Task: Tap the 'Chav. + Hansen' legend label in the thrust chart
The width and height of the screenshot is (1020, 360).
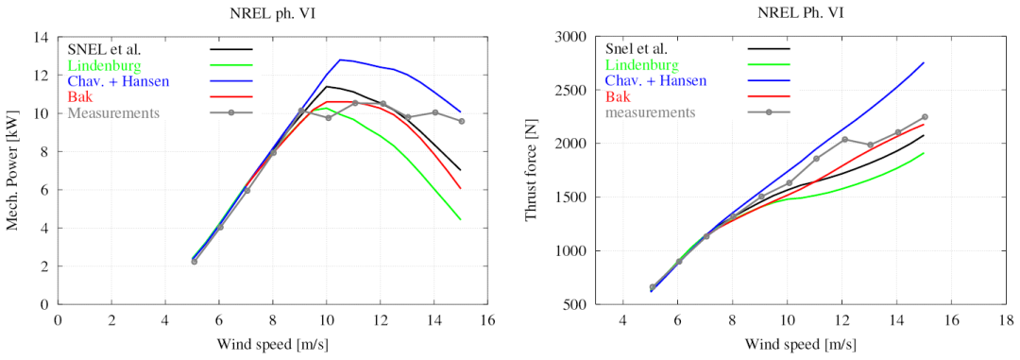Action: [x=655, y=80]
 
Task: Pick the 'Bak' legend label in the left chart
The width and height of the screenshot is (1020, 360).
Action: [x=77, y=96]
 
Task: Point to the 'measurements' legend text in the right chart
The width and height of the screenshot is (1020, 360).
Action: [x=651, y=112]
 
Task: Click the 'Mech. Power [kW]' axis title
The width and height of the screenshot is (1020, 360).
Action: [x=11, y=171]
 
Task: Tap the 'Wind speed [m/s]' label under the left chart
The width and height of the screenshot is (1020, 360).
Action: [x=272, y=343]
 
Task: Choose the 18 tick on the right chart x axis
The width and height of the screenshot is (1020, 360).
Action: [x=1006, y=321]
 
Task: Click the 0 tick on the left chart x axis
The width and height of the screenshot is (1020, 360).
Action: [x=58, y=321]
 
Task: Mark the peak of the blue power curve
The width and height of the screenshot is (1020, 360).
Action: [x=340, y=60]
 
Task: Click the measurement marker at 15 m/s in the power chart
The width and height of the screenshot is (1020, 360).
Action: [x=461, y=121]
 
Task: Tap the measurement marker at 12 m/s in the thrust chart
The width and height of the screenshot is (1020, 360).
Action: [x=844, y=139]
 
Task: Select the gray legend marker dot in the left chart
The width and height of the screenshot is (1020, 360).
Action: [x=230, y=112]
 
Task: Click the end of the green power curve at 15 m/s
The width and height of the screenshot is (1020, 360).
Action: [x=461, y=219]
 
